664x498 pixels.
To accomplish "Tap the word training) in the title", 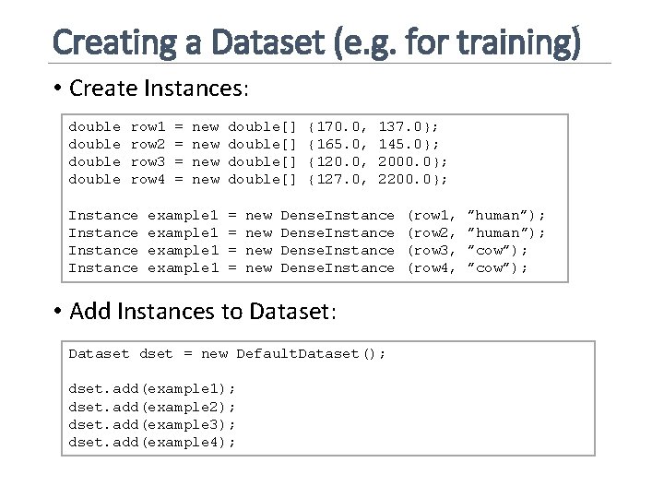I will (x=528, y=41).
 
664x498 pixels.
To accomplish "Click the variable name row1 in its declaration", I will (x=148, y=126).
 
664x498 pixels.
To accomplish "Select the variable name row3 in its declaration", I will (x=148, y=161).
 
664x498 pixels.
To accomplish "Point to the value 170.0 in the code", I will (x=335, y=126).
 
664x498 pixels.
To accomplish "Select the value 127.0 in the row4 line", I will (x=335, y=179).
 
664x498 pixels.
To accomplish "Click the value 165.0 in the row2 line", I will (x=335, y=144).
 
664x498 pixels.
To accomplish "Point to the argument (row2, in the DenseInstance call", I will (x=433, y=232).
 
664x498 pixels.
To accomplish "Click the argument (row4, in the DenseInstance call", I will (x=433, y=267).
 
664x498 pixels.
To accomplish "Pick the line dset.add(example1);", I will (x=153, y=389).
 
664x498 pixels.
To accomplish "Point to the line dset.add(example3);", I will (x=153, y=424).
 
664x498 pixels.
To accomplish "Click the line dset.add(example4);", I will (x=153, y=442).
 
